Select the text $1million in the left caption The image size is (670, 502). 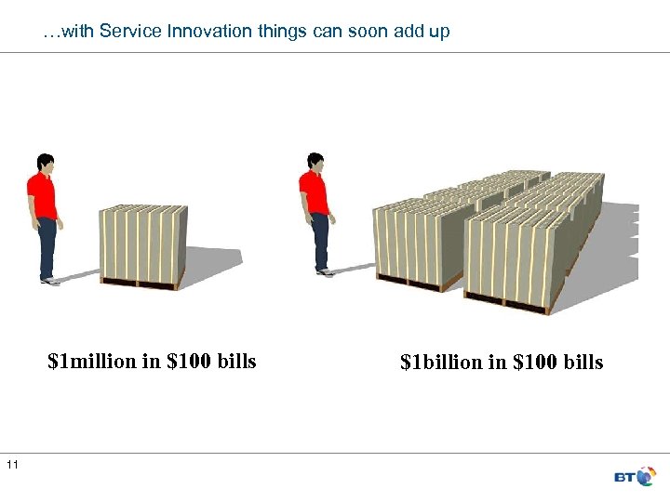92,361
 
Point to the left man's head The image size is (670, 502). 43,164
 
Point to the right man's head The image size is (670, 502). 315,164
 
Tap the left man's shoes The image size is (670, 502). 47,279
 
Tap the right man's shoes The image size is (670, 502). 323,271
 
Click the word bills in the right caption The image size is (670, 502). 583,362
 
